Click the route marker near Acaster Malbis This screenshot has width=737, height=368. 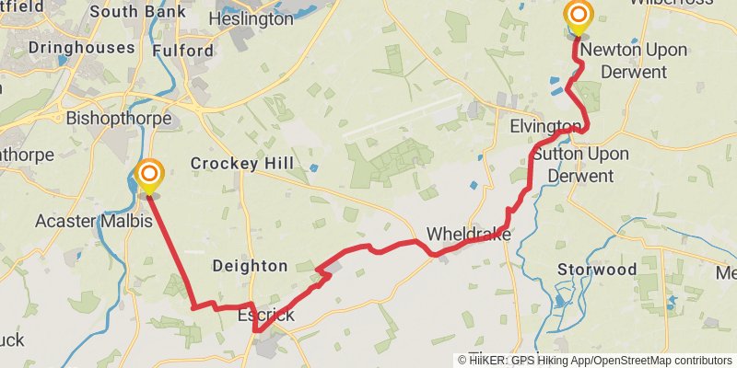point(148,174)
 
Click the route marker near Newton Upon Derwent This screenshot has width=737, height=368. point(578,16)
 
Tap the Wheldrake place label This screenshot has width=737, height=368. point(468,235)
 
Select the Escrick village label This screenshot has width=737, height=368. point(266,316)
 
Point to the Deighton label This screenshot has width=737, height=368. point(250,266)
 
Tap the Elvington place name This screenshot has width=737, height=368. point(545,126)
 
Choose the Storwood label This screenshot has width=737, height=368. point(597,270)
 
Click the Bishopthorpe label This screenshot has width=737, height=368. point(119,119)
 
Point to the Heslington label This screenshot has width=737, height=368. point(251,18)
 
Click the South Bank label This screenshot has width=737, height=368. point(137,12)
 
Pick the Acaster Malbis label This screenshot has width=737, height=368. point(93,221)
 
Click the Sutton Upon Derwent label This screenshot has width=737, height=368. point(580,164)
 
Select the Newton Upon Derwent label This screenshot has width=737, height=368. point(634,60)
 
